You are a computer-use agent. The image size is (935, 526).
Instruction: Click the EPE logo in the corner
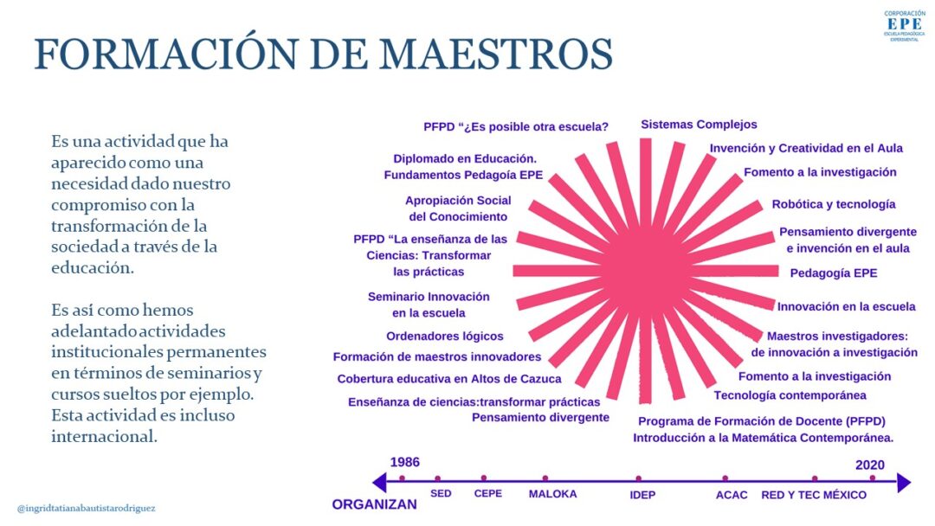pos(905,26)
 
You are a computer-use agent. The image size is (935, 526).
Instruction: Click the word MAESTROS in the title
pos(496,55)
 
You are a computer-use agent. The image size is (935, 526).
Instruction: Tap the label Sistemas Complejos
pos(699,125)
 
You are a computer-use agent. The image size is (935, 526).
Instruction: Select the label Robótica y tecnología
pos(834,204)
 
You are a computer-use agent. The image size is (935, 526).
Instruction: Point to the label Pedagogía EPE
pos(834,273)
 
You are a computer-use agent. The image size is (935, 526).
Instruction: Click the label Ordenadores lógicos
pos(445,336)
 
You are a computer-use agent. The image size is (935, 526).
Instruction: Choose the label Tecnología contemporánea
pos(790,395)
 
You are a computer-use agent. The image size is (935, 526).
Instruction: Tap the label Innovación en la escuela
pos(846,307)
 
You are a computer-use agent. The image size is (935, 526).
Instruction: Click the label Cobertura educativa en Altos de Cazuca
pos(449,379)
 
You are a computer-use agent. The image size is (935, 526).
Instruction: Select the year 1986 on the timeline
pos(405,462)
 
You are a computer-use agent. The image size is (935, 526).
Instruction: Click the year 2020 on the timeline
pos(870,465)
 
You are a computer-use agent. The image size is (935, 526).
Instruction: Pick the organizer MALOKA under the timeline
pos(552,494)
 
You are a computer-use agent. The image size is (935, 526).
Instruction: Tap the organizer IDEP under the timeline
pos(642,495)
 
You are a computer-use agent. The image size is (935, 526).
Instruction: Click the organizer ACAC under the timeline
pos(732,495)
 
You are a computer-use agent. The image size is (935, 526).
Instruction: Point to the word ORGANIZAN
pos(375,504)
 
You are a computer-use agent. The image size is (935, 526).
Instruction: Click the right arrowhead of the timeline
pos(905,482)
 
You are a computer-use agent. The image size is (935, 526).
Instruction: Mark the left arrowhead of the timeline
pos(378,482)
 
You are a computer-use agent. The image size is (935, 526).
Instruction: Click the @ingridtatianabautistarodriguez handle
pos(87,509)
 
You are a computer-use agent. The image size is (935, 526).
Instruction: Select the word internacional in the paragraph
pos(104,437)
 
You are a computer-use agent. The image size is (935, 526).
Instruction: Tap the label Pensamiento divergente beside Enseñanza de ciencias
pos(540,418)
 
